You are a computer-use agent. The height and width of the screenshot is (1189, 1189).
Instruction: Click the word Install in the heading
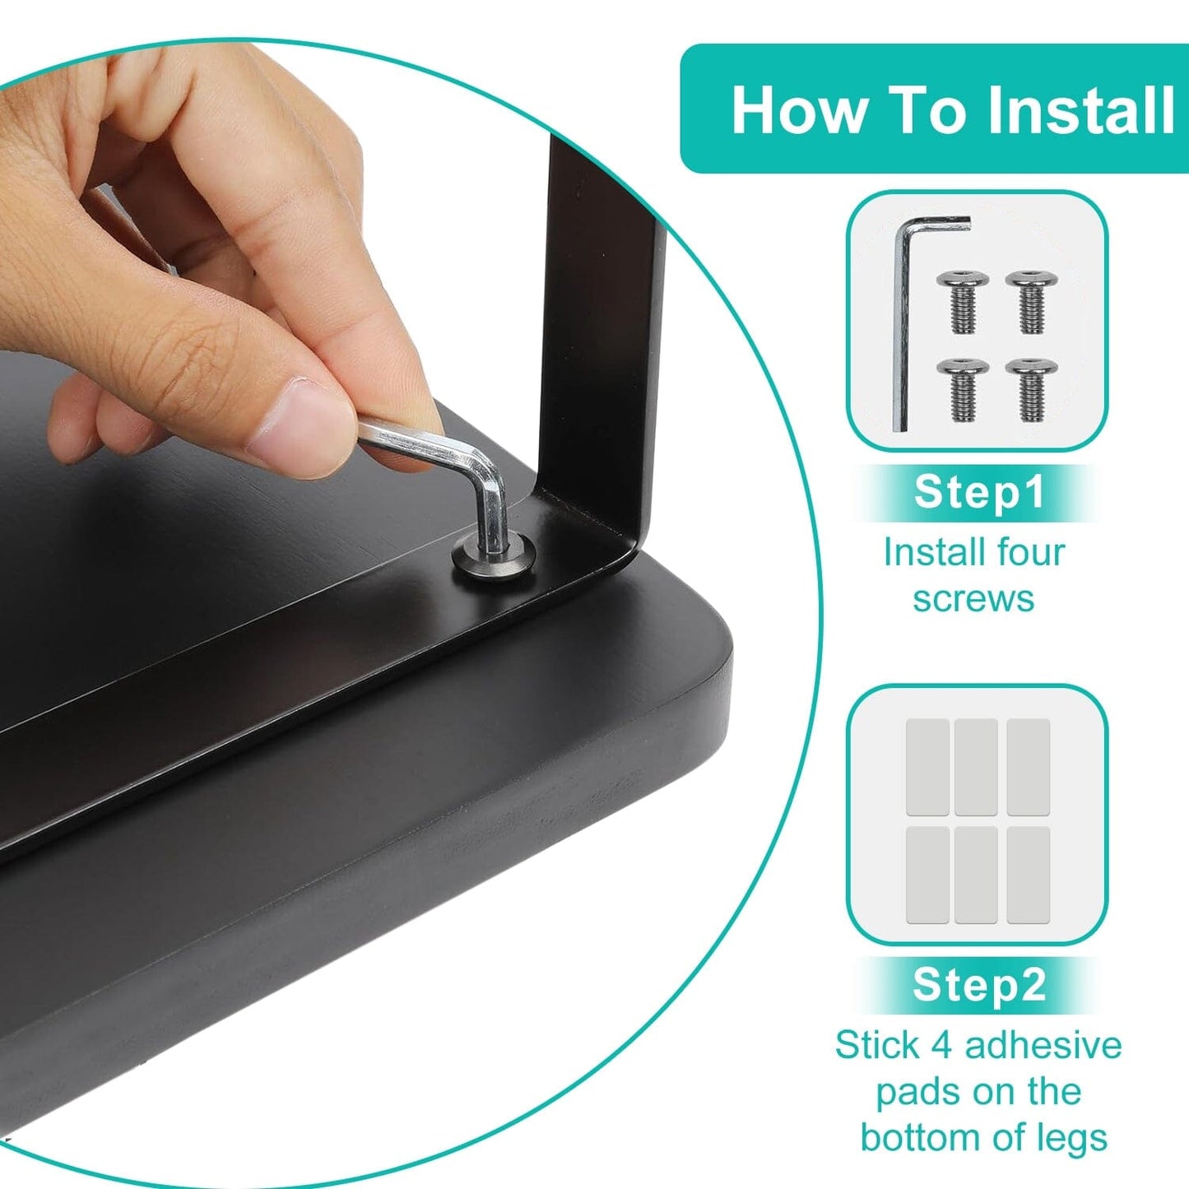[1080, 109]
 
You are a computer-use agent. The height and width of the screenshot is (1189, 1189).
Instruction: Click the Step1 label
[980, 492]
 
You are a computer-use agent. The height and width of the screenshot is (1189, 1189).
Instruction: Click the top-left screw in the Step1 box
[962, 302]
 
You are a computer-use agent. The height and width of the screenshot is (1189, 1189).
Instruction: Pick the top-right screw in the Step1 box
[1032, 302]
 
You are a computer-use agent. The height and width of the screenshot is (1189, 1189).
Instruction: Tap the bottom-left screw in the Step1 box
[962, 390]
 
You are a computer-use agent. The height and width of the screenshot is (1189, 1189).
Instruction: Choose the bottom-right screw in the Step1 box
[1032, 390]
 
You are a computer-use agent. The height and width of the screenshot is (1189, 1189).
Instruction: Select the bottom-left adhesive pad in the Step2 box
[927, 875]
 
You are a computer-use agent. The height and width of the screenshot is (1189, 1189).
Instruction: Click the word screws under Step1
[973, 598]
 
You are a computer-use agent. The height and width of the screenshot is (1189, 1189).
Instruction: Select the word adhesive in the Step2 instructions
[1043, 1045]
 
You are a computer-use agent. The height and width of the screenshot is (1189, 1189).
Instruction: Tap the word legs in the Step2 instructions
[1071, 1137]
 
